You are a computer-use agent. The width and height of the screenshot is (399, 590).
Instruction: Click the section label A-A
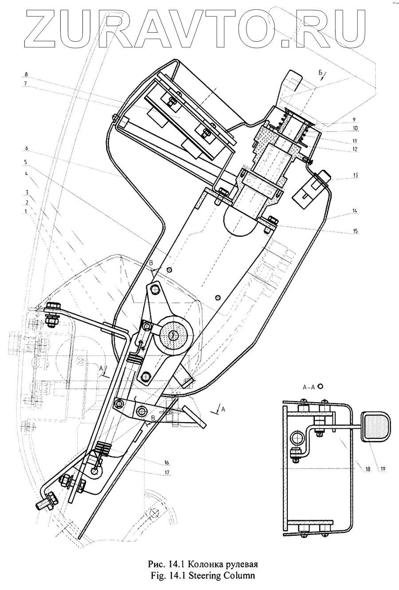(309, 387)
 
